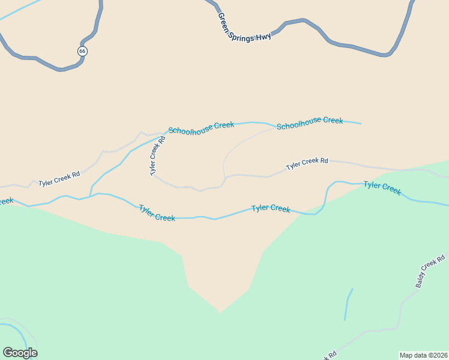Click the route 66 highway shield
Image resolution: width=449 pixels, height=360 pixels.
[x=82, y=51]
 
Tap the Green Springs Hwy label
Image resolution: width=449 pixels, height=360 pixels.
[x=244, y=28]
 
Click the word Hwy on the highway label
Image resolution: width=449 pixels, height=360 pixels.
[x=264, y=36]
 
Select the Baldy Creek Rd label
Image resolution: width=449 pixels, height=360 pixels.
[x=431, y=271]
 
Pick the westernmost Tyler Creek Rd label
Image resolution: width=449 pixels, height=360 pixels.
[x=59, y=179]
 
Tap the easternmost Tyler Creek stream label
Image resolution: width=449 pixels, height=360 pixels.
[x=382, y=188]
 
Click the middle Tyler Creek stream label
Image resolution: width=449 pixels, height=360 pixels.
[x=271, y=208]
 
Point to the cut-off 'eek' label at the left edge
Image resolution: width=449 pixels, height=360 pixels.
[x=6, y=201]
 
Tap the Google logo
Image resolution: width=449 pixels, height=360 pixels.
[x=20, y=353]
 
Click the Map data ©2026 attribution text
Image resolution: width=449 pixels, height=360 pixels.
[x=423, y=355]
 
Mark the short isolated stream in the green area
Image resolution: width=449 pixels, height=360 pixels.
[x=348, y=305]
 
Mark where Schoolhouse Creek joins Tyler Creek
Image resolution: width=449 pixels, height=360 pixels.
[x=90, y=195]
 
